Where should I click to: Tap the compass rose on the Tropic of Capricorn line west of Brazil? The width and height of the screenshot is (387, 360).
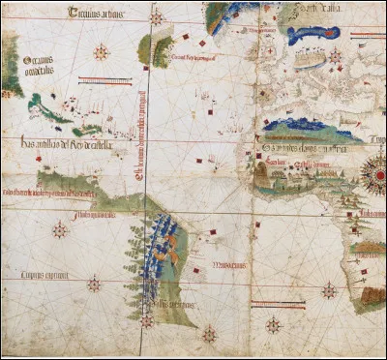(94, 285)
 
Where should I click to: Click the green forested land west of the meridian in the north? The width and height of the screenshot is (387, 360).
(146, 46)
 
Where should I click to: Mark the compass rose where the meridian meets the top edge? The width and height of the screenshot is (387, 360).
(155, 16)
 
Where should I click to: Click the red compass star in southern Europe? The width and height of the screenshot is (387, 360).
(336, 56)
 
